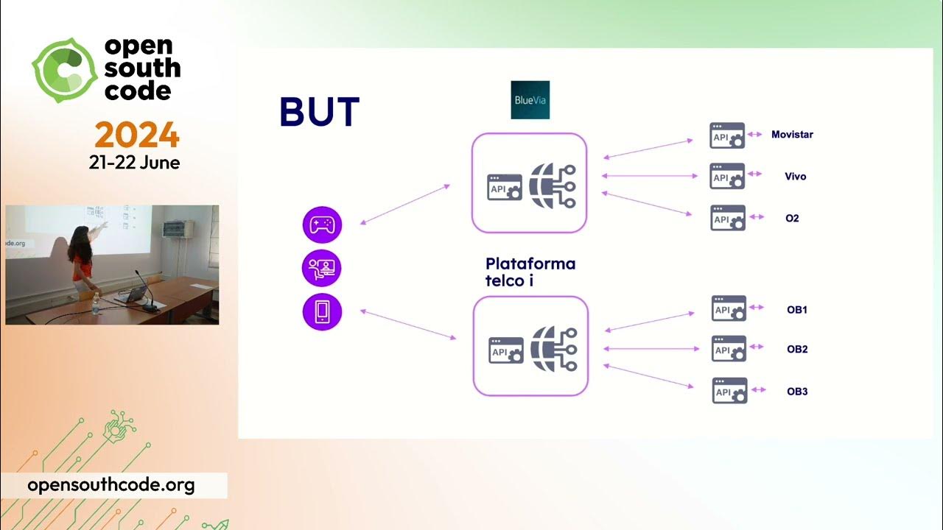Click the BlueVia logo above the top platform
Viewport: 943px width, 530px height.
(x=530, y=100)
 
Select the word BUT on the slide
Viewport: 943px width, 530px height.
(x=319, y=113)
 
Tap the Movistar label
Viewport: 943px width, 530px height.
(x=792, y=135)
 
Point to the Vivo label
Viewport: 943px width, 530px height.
(x=796, y=177)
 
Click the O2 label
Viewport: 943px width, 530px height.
(x=792, y=219)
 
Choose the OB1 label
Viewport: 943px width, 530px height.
(x=797, y=310)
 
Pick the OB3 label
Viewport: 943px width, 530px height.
(x=797, y=392)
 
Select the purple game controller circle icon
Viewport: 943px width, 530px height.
(x=322, y=225)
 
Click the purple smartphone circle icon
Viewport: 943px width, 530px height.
(x=322, y=312)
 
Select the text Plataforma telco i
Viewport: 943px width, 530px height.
(x=530, y=272)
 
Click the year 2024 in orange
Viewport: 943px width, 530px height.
(x=137, y=135)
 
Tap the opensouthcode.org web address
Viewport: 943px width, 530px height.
(x=111, y=485)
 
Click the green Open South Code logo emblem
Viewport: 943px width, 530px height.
(x=65, y=70)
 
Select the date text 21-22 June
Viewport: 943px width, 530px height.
(x=134, y=163)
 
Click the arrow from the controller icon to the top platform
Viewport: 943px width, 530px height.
(x=405, y=204)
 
